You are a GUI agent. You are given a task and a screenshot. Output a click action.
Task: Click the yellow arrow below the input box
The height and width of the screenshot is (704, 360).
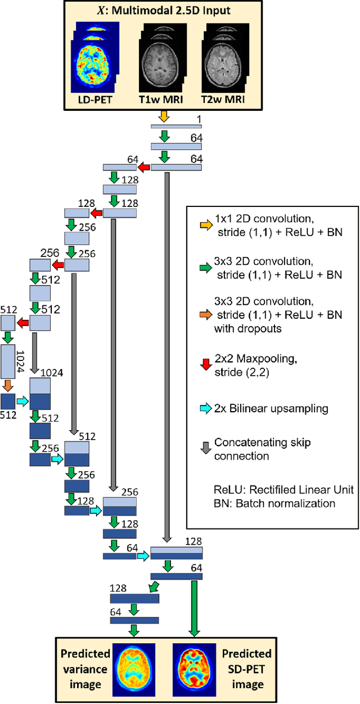pos(163,116)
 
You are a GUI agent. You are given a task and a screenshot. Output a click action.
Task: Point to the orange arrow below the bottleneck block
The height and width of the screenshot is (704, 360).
pos(8,386)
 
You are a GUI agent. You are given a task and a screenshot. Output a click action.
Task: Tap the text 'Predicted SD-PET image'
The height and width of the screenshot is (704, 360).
pos(246,669)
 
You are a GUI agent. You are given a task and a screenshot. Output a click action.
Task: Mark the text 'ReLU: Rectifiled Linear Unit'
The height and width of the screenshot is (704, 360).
pos(271,490)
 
